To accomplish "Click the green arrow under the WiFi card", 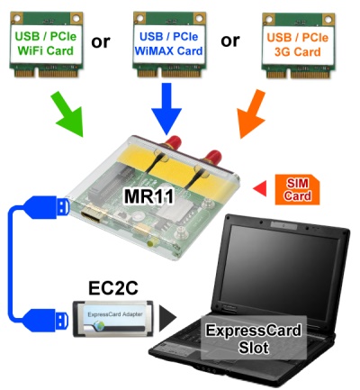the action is click(x=67, y=114).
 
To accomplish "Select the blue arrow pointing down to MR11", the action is click(x=166, y=109).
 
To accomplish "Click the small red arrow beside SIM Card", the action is click(x=260, y=188).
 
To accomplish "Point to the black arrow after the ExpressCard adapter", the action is click(x=167, y=319).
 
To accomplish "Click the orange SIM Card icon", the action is click(x=297, y=190).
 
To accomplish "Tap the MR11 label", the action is click(x=148, y=196).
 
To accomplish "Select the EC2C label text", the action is click(x=113, y=288).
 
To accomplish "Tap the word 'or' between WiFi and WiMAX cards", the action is click(x=101, y=41).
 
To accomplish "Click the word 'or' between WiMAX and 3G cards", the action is click(x=230, y=41).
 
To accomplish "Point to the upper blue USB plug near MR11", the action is click(x=47, y=207).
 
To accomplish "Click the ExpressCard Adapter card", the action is click(x=113, y=319).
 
